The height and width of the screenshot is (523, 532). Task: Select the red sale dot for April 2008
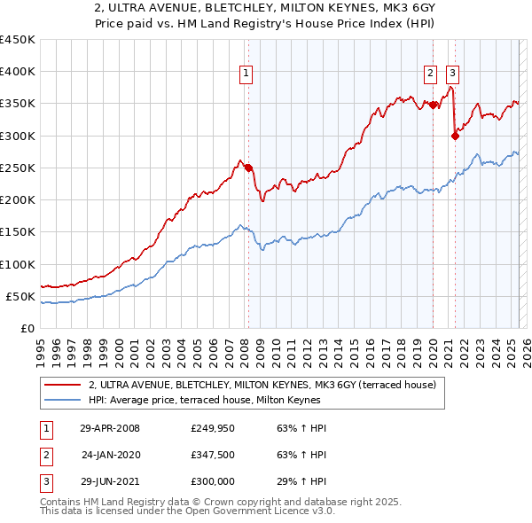point(248,168)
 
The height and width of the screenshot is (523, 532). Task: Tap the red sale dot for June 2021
point(455,136)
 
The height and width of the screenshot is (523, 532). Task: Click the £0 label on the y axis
point(27,328)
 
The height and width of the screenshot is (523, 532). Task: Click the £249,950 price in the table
point(213,428)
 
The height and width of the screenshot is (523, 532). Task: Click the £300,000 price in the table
point(213,483)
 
